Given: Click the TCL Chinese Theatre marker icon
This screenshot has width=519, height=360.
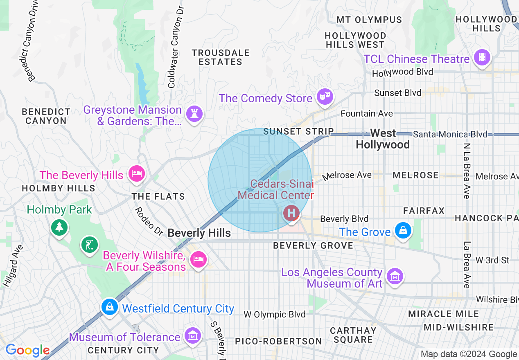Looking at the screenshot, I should (482, 58).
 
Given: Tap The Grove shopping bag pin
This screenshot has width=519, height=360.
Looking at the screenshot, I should (403, 230).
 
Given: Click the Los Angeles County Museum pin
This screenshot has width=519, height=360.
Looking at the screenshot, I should (395, 277).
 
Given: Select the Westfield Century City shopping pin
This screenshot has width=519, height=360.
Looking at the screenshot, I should (110, 306).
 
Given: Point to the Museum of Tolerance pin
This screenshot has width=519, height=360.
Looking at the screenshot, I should (192, 335).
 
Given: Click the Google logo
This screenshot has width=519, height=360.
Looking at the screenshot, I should (27, 350).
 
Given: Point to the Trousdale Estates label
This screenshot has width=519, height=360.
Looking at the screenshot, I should (221, 57).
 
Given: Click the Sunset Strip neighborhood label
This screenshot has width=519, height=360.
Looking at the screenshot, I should (298, 131).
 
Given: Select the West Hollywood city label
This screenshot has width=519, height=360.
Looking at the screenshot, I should (383, 139).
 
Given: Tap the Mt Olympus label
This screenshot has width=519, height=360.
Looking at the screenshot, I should (369, 20).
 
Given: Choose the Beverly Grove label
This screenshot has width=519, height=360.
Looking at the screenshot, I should (313, 245).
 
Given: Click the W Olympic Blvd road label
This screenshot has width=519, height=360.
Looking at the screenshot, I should (275, 315).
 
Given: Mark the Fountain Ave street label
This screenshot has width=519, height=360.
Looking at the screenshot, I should (367, 113).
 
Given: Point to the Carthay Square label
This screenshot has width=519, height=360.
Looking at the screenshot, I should (353, 335).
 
